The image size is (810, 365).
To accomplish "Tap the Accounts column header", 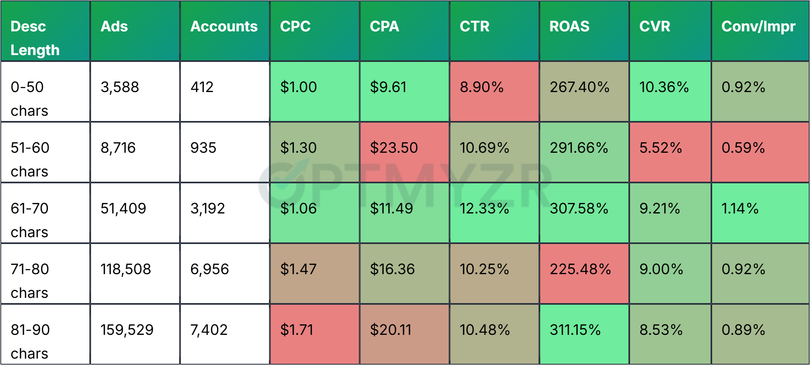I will [224, 27].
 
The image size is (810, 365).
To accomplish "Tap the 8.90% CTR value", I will [481, 87].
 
